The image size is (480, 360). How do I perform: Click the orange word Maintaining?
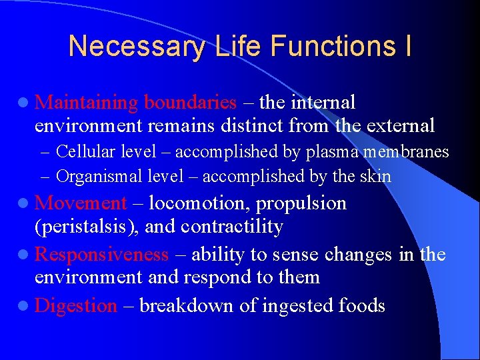pyautogui.click(x=86, y=102)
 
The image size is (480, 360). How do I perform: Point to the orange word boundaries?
pyautogui.click(x=190, y=102)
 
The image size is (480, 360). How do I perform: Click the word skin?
pyautogui.click(x=377, y=176)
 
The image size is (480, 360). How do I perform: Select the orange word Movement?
pyautogui.click(x=81, y=203)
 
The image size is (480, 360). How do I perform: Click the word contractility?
pyautogui.click(x=234, y=227)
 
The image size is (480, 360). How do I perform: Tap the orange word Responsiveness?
pyautogui.click(x=101, y=254)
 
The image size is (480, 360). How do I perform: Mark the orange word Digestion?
pyautogui.click(x=75, y=305)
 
